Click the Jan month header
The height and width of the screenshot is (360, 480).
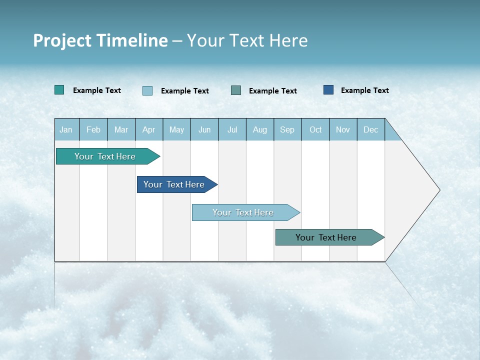[66, 129]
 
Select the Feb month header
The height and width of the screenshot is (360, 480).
[93, 129]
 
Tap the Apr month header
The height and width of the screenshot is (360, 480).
[149, 129]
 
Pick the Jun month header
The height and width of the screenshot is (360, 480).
[204, 129]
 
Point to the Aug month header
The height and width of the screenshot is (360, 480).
[260, 129]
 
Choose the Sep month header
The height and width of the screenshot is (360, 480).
[287, 129]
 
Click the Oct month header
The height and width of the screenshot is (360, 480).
[315, 129]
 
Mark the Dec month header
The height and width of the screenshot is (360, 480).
[371, 129]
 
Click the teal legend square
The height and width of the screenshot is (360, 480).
[59, 90]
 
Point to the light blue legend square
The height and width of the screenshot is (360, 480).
[147, 90]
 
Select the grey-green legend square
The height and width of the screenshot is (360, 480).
[236, 90]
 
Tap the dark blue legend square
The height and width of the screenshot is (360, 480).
[328, 90]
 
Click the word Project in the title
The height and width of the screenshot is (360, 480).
[61, 40]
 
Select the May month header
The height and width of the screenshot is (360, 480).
[176, 129]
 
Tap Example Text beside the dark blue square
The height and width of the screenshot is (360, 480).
[364, 90]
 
